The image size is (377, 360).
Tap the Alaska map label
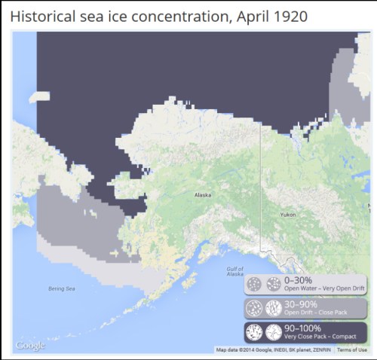(x=203, y=195)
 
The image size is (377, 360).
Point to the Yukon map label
(x=287, y=215)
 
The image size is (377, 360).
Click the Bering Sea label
(x=60, y=288)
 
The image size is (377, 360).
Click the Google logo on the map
(x=30, y=346)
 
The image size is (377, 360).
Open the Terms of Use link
(x=352, y=350)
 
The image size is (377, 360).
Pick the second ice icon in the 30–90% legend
(x=271, y=308)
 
